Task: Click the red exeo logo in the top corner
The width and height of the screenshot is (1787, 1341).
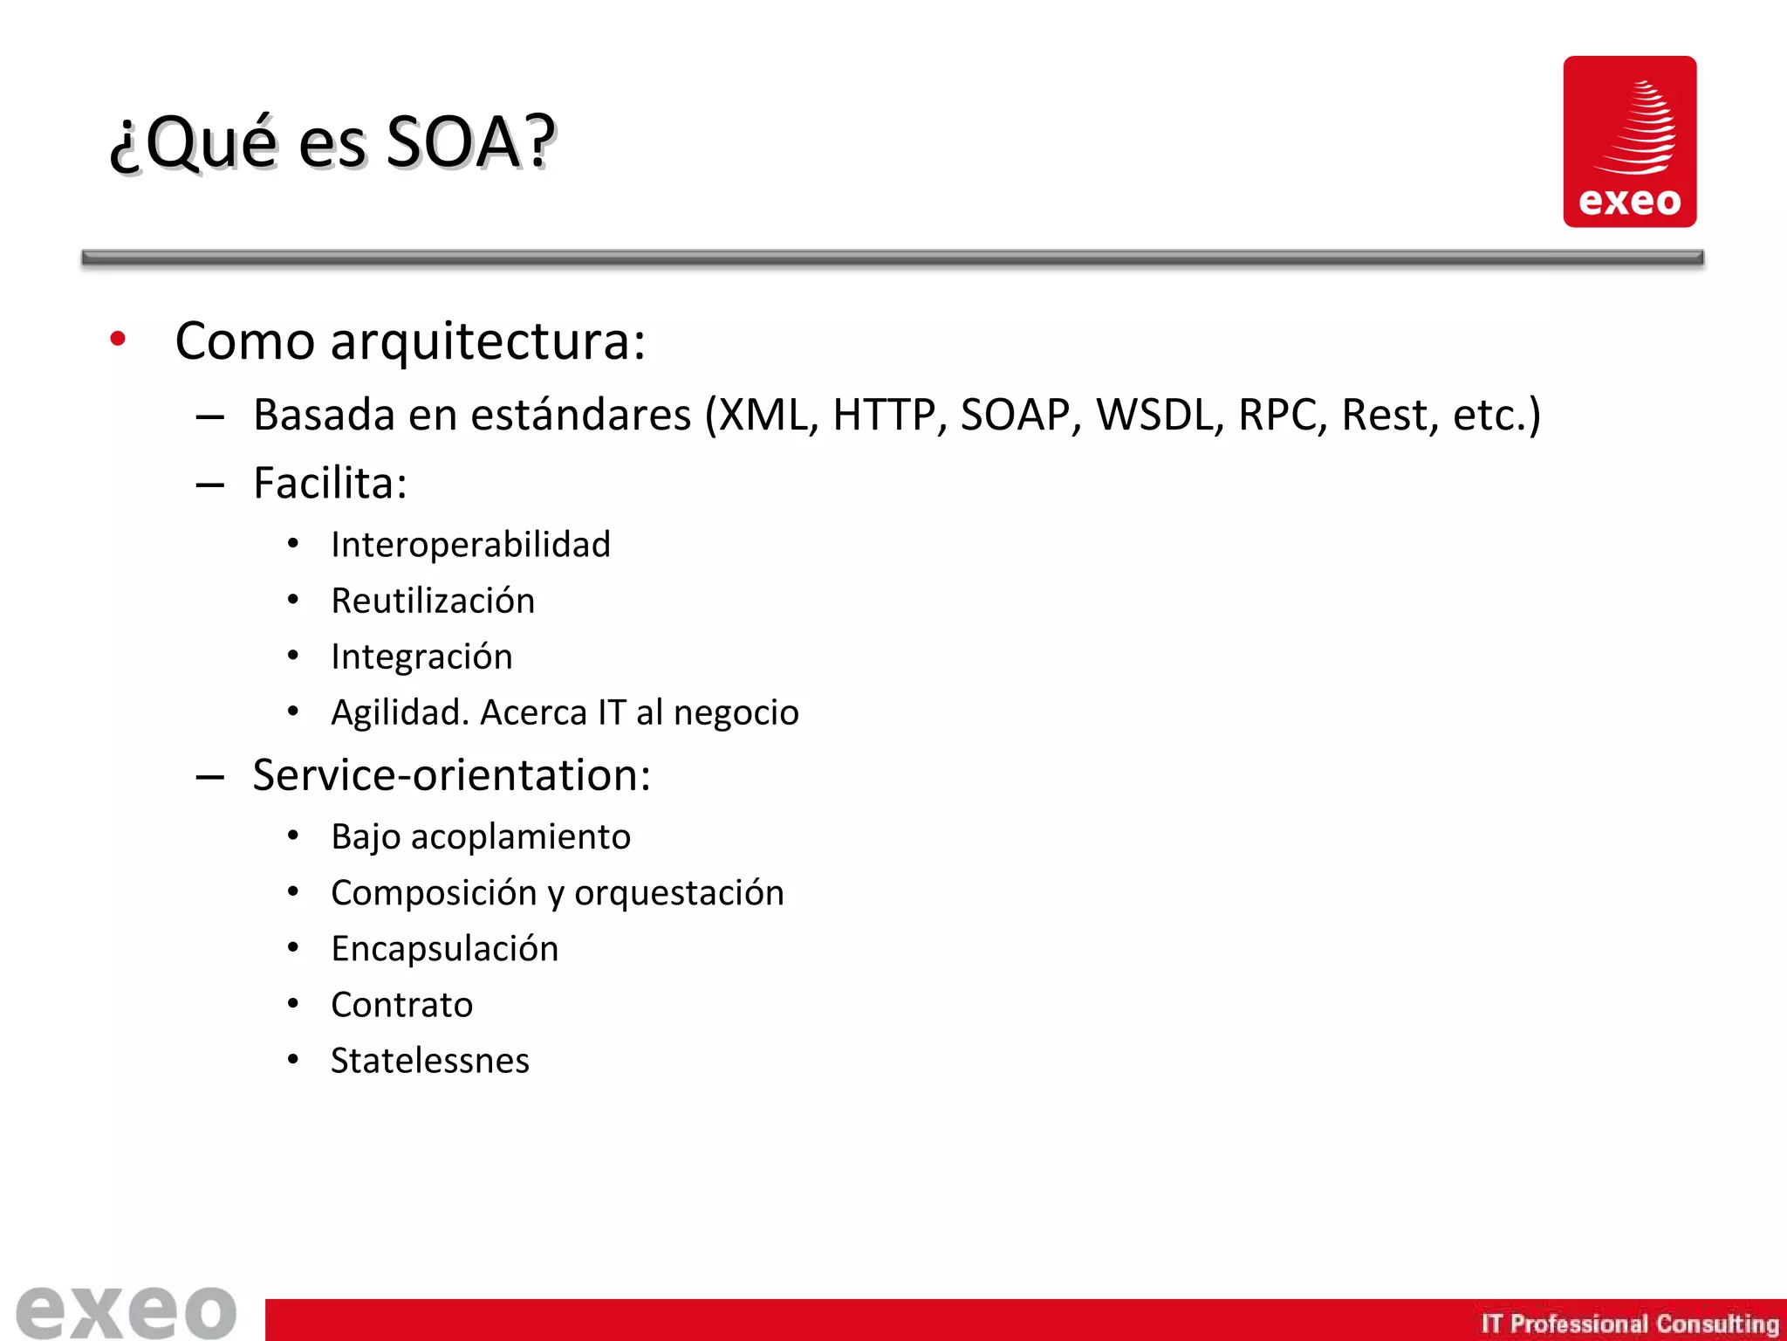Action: [x=1629, y=141]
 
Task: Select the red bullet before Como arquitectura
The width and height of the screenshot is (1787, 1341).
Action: [x=118, y=339]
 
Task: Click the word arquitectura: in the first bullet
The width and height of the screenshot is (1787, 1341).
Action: [x=488, y=341]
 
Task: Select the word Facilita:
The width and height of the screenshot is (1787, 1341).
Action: [x=330, y=483]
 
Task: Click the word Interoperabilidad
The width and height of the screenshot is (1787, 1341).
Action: [x=470, y=545]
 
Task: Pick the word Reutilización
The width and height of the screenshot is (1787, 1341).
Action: [x=433, y=601]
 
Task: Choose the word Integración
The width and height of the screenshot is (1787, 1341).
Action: [x=421, y=657]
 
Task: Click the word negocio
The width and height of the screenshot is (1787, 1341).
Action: [x=736, y=713]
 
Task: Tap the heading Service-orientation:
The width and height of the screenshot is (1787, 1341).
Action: [x=451, y=775]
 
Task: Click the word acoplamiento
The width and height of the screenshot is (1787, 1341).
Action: [x=520, y=837]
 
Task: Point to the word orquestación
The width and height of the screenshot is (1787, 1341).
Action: [x=679, y=893]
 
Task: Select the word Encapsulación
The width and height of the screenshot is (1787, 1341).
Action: [x=445, y=949]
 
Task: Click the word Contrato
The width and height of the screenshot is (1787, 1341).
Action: [x=401, y=1005]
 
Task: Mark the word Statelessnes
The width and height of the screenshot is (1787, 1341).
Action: [x=429, y=1061]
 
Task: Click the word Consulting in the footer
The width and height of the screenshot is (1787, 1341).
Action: [x=1716, y=1324]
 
